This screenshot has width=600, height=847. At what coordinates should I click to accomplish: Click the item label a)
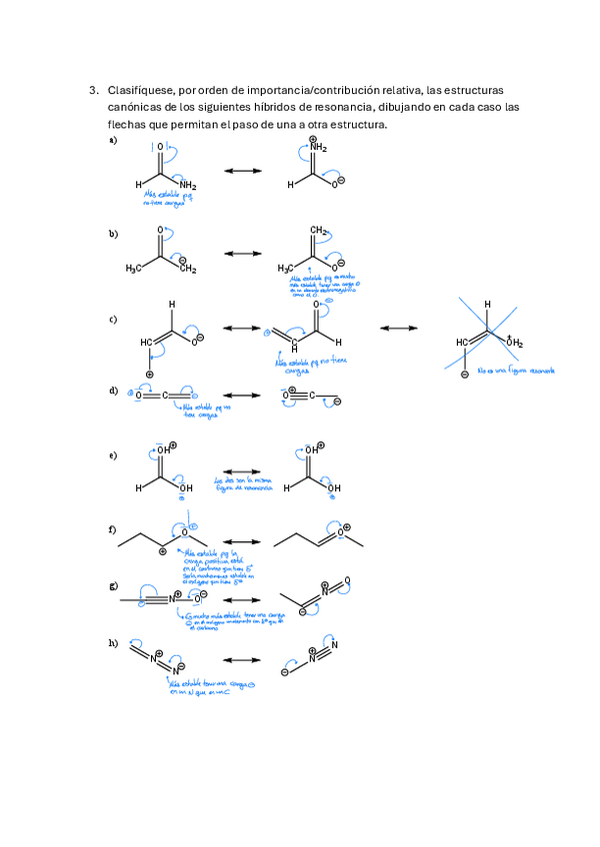click(113, 141)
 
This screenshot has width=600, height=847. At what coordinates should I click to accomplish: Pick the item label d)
click(113, 390)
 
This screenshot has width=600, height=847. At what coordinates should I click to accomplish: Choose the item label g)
click(113, 585)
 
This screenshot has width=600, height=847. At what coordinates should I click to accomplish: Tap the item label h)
click(113, 642)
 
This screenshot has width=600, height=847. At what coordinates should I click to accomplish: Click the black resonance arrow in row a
click(240, 172)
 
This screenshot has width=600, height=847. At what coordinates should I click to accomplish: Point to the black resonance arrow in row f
click(240, 541)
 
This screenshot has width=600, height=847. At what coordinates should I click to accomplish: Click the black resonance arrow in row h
click(240, 661)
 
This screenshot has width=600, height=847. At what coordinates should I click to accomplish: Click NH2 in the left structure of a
click(188, 185)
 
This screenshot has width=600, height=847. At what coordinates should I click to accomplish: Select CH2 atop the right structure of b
click(318, 232)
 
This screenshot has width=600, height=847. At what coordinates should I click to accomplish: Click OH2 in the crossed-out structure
click(514, 343)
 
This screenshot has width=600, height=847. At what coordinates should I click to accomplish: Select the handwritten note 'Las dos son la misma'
click(237, 480)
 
